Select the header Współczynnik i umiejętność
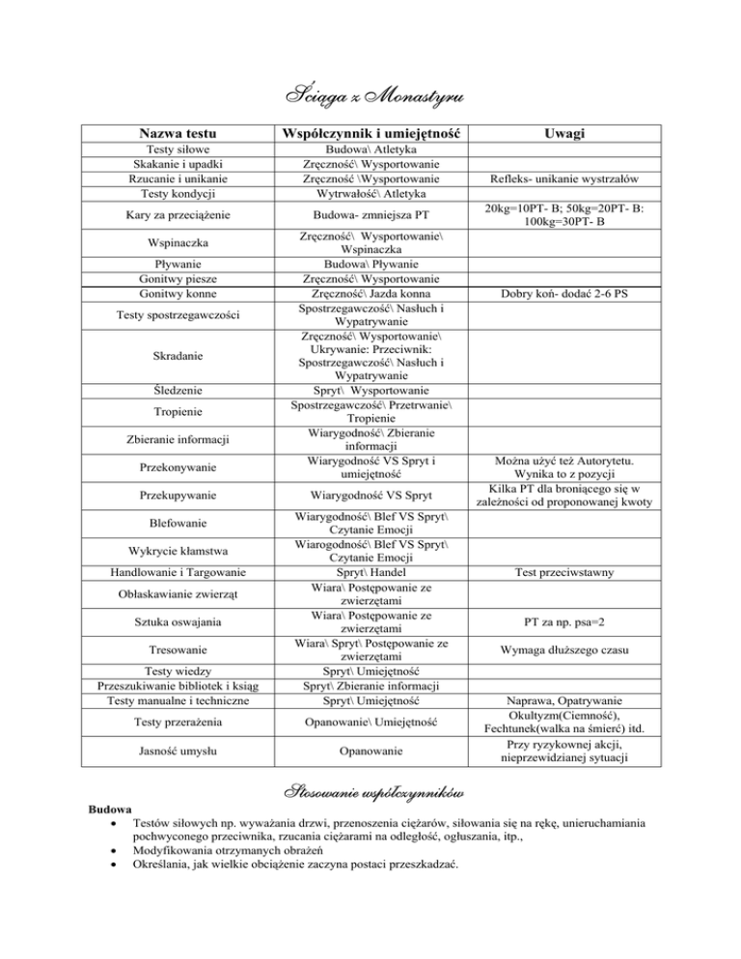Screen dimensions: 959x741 coord(370,132)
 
